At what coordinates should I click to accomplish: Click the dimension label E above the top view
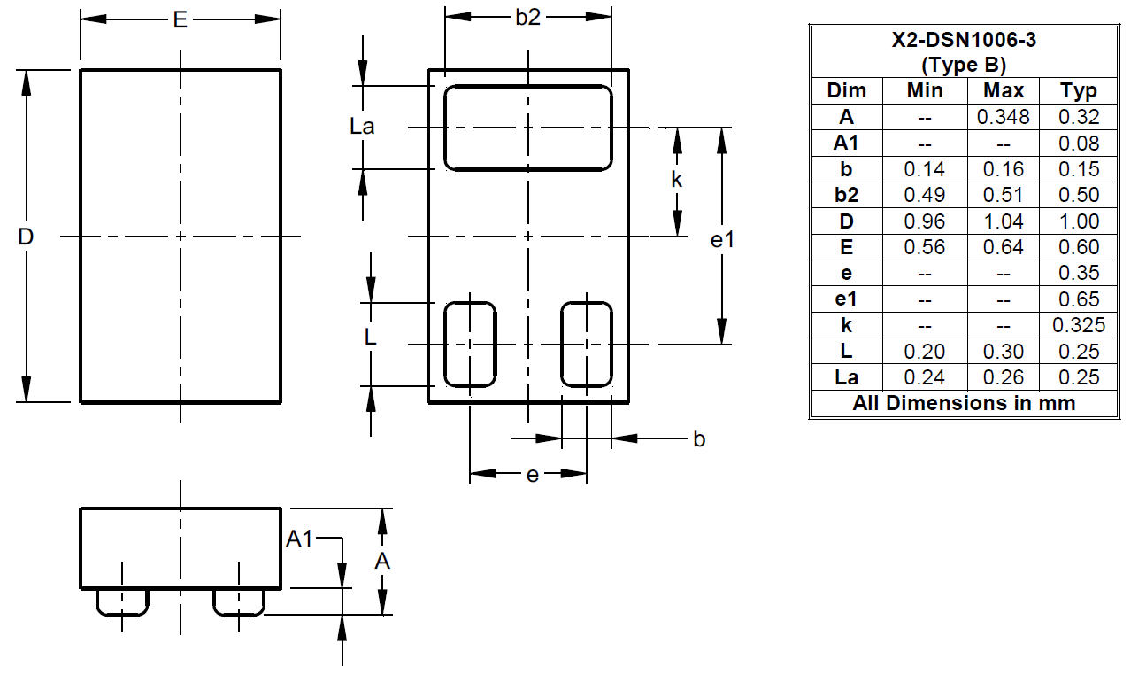pyautogui.click(x=181, y=20)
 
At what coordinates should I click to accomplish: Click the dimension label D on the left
pyautogui.click(x=26, y=237)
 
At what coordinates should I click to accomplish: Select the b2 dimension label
pyautogui.click(x=528, y=18)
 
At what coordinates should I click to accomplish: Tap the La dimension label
pyautogui.click(x=362, y=126)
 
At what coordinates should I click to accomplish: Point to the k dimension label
pyautogui.click(x=676, y=179)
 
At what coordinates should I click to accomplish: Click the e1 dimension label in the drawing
pyautogui.click(x=722, y=239)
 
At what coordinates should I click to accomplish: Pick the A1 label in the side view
pyautogui.click(x=299, y=539)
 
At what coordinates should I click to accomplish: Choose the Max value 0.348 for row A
pyautogui.click(x=1003, y=117)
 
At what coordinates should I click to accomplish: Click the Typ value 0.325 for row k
pyautogui.click(x=1079, y=325)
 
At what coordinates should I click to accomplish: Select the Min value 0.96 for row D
pyautogui.click(x=924, y=221)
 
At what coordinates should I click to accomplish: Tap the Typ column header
pyautogui.click(x=1079, y=91)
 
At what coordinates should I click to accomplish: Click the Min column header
pyautogui.click(x=925, y=90)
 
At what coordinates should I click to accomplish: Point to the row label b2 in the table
pyautogui.click(x=846, y=195)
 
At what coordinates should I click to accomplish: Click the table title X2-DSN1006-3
pyautogui.click(x=964, y=40)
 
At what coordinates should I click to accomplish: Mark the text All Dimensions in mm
pyautogui.click(x=964, y=403)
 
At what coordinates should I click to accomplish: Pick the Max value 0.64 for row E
pyautogui.click(x=1004, y=247)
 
